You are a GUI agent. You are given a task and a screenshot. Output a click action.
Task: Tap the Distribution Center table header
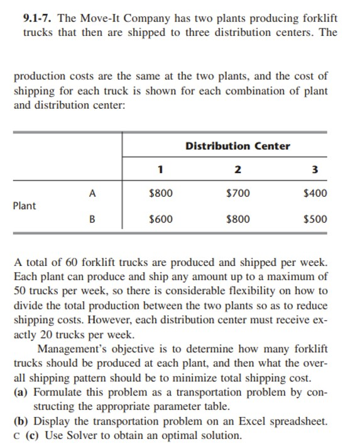pyautogui.click(x=237, y=146)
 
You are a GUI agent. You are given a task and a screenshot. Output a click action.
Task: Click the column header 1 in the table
pyautogui.click(x=161, y=169)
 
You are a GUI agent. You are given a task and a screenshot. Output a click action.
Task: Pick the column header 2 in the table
pyautogui.click(x=237, y=169)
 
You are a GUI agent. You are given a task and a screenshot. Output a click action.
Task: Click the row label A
pyautogui.click(x=92, y=193)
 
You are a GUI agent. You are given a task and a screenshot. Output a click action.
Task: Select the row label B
pyautogui.click(x=92, y=219)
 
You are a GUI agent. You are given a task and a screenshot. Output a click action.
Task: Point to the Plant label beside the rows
pyautogui.click(x=25, y=206)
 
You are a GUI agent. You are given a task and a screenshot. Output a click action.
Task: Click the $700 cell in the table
pyautogui.click(x=237, y=193)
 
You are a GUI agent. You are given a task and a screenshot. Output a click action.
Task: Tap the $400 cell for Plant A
pyautogui.click(x=314, y=193)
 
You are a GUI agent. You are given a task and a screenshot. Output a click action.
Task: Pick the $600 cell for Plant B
pyautogui.click(x=161, y=219)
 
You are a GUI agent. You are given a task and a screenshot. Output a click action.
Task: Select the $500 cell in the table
pyautogui.click(x=314, y=219)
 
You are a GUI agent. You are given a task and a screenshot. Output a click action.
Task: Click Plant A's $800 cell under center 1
pyautogui.click(x=161, y=193)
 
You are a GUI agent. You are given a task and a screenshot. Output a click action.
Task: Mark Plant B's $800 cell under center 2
pyautogui.click(x=237, y=219)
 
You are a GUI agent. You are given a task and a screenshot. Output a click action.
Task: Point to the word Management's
pyautogui.click(x=72, y=350)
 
